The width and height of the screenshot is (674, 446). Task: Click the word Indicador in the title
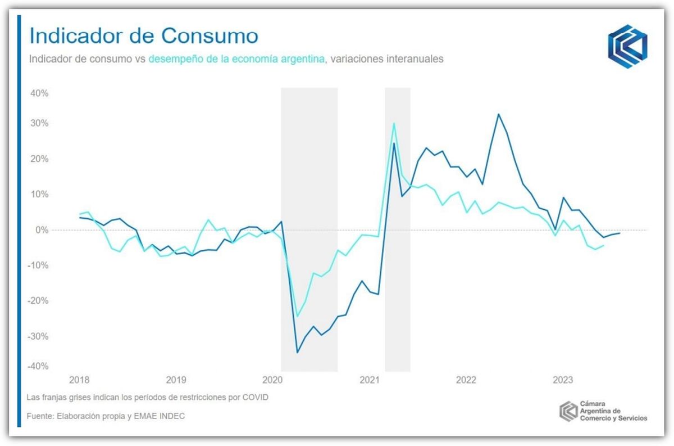pos(79,37)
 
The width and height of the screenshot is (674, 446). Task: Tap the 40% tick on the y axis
pos(41,93)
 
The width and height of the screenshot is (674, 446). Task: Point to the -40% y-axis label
pos(39,366)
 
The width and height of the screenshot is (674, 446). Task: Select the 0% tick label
pos(43,230)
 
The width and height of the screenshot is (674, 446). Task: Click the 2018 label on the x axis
pos(79,380)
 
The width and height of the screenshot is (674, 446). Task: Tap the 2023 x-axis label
pos(563,380)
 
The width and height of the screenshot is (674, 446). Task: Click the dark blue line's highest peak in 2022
pos(498,114)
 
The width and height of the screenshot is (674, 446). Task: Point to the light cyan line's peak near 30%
pos(394,123)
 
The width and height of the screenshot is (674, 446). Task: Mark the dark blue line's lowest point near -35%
pos(298,353)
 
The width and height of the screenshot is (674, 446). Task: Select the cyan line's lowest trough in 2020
pos(298,317)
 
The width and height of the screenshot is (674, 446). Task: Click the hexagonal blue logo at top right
pos(627,43)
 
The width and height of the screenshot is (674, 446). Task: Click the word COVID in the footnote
pos(256,398)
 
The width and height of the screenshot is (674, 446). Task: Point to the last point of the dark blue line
pos(620,233)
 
